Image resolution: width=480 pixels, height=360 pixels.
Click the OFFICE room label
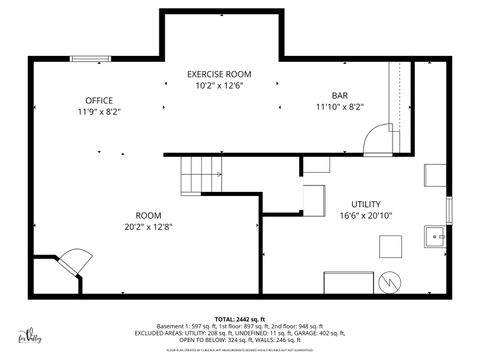pyautogui.click(x=98, y=100)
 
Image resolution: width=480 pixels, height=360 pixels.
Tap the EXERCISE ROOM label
pyautogui.click(x=220, y=74)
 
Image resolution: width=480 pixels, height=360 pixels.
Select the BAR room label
pyautogui.click(x=340, y=95)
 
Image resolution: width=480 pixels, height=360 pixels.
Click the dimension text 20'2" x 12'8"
pyautogui.click(x=149, y=226)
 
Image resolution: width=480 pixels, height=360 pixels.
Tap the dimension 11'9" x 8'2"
pyautogui.click(x=98, y=112)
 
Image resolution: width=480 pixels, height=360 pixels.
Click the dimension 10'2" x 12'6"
pyautogui.click(x=220, y=86)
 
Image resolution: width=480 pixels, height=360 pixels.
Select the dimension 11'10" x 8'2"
pyautogui.click(x=340, y=107)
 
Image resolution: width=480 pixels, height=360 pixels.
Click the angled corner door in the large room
pyautogui.click(x=71, y=260)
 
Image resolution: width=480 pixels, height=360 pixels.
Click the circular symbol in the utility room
pyautogui.click(x=392, y=281)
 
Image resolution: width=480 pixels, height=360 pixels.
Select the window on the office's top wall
pyautogui.click(x=84, y=59)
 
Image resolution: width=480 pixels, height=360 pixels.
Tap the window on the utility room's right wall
pyautogui.click(x=450, y=211)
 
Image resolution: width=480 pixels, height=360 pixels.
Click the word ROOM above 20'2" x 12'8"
pyautogui.click(x=149, y=214)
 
